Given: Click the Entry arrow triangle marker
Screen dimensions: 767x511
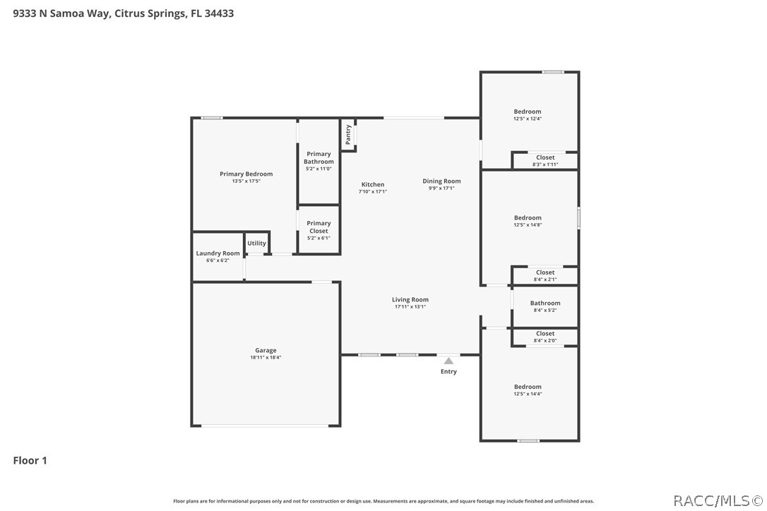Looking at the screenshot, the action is point(448,361).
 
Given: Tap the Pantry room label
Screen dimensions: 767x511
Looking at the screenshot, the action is point(347,135).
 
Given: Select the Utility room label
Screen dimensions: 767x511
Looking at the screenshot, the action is point(257,243).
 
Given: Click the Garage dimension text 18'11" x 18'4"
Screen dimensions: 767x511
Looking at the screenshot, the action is point(266,357).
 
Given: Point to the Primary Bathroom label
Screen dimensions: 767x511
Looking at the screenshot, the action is point(319,157).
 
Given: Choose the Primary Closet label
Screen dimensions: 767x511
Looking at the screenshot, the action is point(319,227).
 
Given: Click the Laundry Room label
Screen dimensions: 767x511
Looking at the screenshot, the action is point(218,253).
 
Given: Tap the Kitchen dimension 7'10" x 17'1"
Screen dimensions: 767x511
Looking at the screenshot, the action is point(373,192).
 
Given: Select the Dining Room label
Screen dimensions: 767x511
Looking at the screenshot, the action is point(441,181).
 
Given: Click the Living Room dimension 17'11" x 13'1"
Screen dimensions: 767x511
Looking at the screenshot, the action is point(410,306).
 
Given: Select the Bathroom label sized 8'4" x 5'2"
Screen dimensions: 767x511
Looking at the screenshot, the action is point(545,303).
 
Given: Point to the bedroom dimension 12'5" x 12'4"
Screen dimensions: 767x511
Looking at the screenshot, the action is point(528,119).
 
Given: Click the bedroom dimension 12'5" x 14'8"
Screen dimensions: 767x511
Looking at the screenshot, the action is point(528,225).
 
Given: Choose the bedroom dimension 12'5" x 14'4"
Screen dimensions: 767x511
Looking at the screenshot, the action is point(528,394).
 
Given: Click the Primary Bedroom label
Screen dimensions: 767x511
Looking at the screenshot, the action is point(246,174).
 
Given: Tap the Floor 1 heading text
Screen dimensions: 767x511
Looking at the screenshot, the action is point(30,460).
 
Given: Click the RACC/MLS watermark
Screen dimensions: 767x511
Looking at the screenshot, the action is point(718,500).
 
